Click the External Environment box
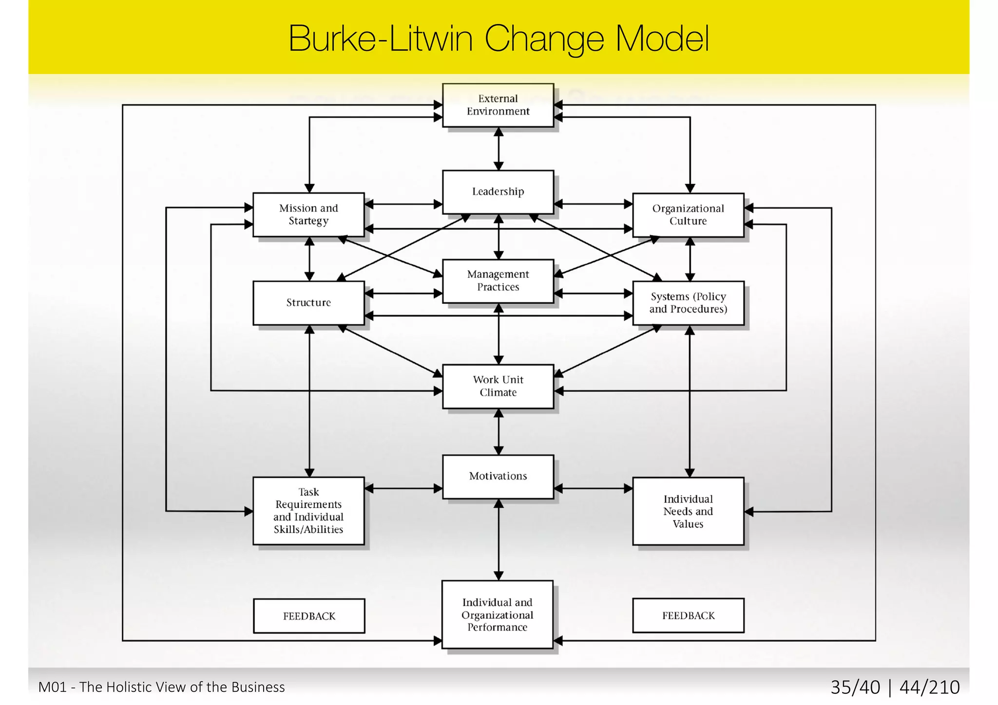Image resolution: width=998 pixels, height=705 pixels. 498,105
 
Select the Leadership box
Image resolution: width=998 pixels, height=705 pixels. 498,191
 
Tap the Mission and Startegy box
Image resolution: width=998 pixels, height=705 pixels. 308,215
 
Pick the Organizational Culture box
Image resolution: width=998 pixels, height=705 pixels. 688,215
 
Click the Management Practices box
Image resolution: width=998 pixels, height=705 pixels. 498,281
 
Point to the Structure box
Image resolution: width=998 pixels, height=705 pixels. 308,303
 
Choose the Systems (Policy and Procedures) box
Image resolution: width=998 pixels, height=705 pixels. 688,303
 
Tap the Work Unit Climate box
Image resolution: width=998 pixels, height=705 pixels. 498,386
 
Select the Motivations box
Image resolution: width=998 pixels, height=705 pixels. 498,476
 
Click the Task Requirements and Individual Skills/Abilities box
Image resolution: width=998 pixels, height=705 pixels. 308,511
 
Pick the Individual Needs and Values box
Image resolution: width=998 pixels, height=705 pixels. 688,511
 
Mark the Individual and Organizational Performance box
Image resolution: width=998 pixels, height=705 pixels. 497,614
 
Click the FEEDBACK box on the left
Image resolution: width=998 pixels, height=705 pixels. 309,616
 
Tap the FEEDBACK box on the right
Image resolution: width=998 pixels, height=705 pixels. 688,615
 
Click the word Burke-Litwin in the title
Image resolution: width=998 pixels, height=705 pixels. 380,39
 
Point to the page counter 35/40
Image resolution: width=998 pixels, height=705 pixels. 855,687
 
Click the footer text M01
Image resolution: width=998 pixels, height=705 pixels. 52,687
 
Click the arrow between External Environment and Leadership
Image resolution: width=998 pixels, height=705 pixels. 499,148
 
